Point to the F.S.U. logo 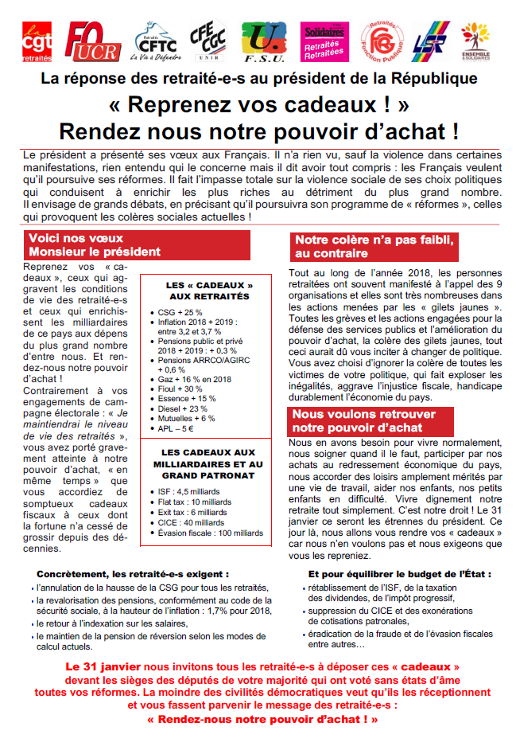click(267, 42)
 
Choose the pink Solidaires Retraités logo click(324, 42)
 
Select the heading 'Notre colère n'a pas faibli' click(373, 246)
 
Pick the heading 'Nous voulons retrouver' click(371, 421)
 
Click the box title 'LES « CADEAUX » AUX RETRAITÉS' click(208, 291)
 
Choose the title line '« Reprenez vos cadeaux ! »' click(258, 104)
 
